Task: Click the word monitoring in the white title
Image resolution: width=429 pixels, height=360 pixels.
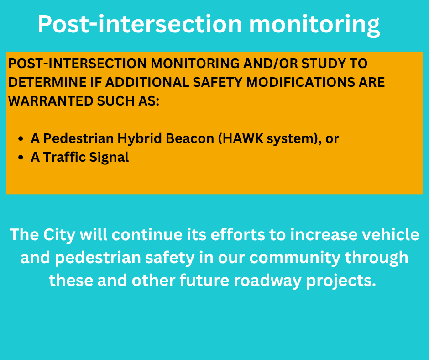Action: pyautogui.click(x=314, y=25)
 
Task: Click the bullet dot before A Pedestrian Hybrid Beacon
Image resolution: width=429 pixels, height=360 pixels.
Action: pyautogui.click(x=21, y=138)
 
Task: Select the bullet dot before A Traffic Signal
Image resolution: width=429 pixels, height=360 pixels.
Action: pyautogui.click(x=21, y=158)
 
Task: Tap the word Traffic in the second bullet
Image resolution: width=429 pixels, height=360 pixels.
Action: pyautogui.click(x=64, y=157)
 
